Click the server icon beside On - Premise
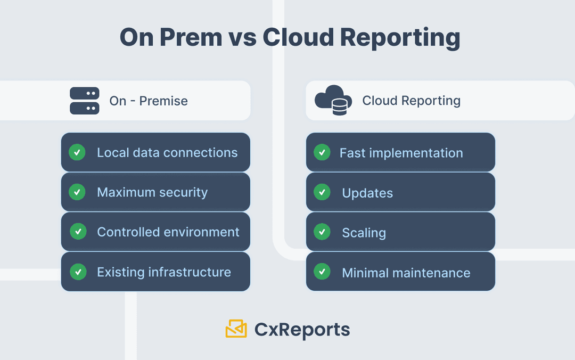[x=85, y=101]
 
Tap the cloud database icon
[x=333, y=101]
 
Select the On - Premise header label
[x=149, y=101]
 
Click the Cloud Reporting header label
[x=411, y=101]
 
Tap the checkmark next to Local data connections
[x=77, y=153]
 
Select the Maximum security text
[x=152, y=192]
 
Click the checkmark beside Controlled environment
[x=78, y=232]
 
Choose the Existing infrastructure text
[x=164, y=272]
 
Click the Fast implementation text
[x=401, y=153]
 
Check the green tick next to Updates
[x=322, y=192]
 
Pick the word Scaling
[x=364, y=233]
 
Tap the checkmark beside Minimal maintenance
[x=322, y=272]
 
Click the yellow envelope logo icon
[x=236, y=329]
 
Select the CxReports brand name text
[x=302, y=330]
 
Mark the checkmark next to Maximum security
[x=77, y=192]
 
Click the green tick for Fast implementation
[x=322, y=153]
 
